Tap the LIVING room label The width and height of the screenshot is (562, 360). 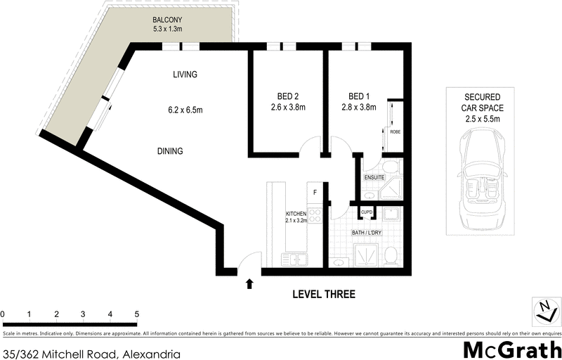185,75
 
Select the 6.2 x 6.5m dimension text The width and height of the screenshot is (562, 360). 185,110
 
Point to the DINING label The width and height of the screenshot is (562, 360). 170,150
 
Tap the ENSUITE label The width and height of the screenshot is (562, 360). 374,178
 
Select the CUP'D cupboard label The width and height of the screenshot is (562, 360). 367,211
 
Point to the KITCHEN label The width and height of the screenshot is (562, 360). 295,213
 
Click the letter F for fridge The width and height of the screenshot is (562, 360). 315,191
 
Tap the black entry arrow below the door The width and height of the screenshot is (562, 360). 249,284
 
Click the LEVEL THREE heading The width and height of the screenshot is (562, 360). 324,295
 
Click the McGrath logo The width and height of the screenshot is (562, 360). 511,349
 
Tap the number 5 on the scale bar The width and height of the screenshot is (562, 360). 136,314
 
